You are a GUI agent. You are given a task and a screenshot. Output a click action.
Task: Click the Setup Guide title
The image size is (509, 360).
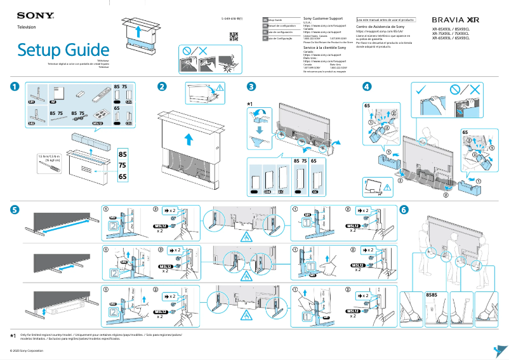(63, 49)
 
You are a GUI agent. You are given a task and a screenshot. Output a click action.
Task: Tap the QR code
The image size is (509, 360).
(233, 36)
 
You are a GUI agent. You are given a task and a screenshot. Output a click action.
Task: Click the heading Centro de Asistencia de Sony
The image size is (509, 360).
(380, 27)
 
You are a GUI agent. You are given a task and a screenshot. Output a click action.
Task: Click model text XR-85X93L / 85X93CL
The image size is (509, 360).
(451, 29)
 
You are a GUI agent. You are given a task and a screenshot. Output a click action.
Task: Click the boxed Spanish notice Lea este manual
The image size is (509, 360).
(385, 20)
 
